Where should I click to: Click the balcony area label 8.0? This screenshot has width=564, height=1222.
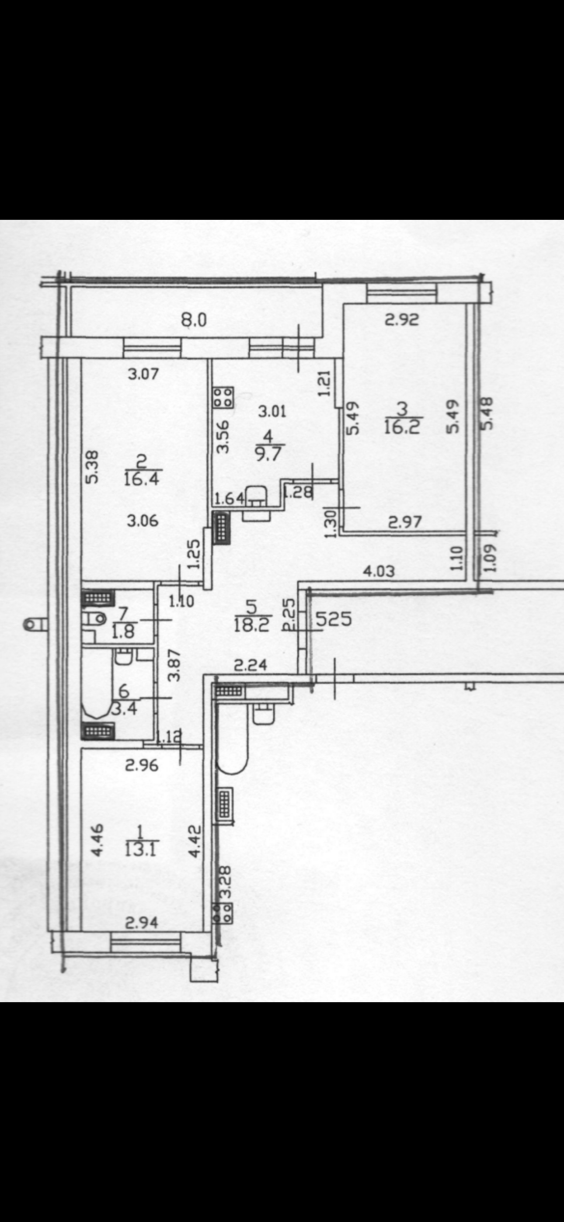pos(194,320)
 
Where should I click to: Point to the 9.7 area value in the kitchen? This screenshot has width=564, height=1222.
pos(268,453)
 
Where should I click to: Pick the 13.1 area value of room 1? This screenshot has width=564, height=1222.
pos(141,849)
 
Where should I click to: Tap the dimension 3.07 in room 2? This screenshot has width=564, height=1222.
pos(143,374)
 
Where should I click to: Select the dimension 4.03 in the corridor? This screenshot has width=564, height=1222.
pos(378,571)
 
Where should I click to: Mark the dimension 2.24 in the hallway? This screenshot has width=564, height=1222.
pos(251,666)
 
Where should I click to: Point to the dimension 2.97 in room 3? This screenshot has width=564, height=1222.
pos(404,522)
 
